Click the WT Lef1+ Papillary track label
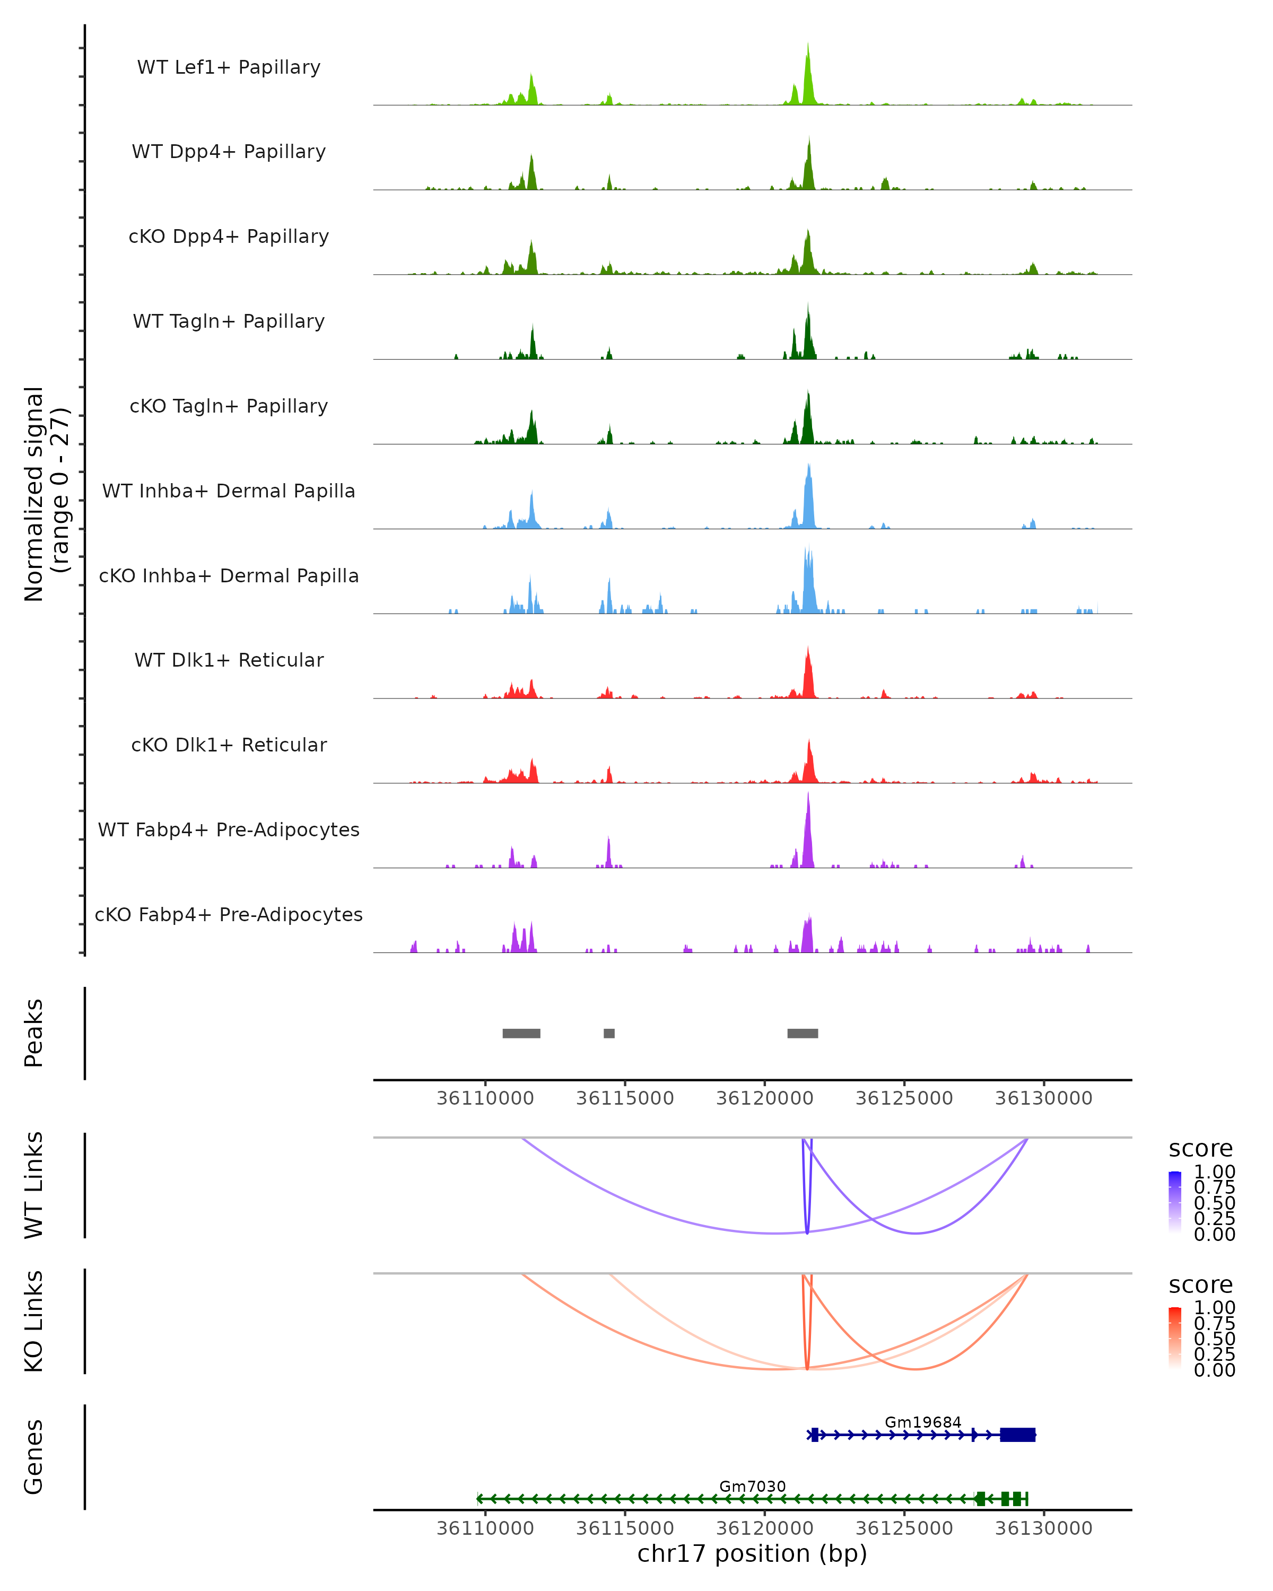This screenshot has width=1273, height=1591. [x=229, y=67]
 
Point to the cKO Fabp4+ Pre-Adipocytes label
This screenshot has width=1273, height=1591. [x=229, y=914]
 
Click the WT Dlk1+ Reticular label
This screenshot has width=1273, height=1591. [x=229, y=660]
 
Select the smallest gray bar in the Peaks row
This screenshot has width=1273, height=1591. [x=609, y=1033]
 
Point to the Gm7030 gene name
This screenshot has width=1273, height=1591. [x=752, y=1486]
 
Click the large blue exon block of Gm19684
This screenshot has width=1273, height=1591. [x=1018, y=1435]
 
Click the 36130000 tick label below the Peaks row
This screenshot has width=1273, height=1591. [x=1043, y=1098]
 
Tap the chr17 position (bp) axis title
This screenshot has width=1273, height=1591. [x=752, y=1553]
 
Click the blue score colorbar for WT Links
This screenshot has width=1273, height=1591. [x=1175, y=1201]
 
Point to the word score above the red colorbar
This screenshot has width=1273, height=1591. [x=1201, y=1285]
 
